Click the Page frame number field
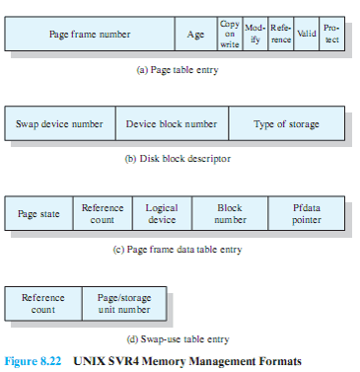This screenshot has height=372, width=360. pyautogui.click(x=90, y=35)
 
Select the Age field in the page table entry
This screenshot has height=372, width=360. pyautogui.click(x=195, y=35)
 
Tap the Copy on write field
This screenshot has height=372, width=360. pyautogui.click(x=229, y=35)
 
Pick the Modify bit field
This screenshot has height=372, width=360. pyautogui.click(x=255, y=35)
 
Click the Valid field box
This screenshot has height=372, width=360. pyautogui.click(x=307, y=35)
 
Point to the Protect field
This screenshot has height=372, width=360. pyautogui.click(x=332, y=35)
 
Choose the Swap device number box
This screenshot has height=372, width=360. pyautogui.click(x=60, y=124)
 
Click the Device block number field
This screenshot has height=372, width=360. pyautogui.click(x=172, y=124)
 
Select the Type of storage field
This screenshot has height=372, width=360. pyautogui.click(x=286, y=124)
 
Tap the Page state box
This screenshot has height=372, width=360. pyautogui.click(x=38, y=214)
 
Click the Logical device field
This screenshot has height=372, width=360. pyautogui.click(x=161, y=214)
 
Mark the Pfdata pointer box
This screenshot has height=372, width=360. pyautogui.click(x=307, y=214)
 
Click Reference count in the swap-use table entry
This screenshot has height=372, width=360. pyautogui.click(x=43, y=303)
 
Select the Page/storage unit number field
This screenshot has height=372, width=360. pyautogui.click(x=123, y=303)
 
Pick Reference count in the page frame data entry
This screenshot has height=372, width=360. pyautogui.click(x=102, y=214)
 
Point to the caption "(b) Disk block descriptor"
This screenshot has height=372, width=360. pyautogui.click(x=177, y=159)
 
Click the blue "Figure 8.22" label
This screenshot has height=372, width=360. pyautogui.click(x=35, y=360)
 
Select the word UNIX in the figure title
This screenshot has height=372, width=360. pyautogui.click(x=93, y=360)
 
